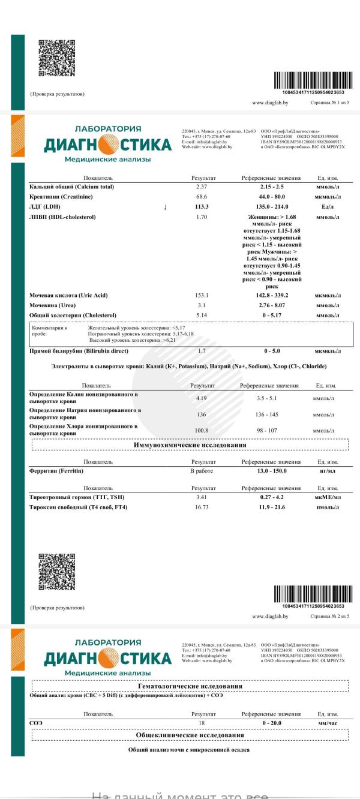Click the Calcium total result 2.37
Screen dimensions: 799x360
202,187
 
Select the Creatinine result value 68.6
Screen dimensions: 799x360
202,197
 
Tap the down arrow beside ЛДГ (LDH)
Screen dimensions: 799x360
165,207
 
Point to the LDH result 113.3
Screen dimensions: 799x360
202,207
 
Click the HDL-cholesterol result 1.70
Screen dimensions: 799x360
202,217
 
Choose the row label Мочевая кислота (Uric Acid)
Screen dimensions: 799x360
68,296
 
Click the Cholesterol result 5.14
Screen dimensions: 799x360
202,316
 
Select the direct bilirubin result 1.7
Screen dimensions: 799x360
202,350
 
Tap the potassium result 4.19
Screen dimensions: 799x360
202,398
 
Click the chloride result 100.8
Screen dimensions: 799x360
202,431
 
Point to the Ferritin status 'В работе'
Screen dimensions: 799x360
202,472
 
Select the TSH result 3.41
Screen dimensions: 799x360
202,498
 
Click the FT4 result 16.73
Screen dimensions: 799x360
202,507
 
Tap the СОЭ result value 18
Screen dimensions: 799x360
202,724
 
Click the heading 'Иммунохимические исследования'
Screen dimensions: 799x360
190,445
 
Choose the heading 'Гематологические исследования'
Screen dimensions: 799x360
190,686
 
